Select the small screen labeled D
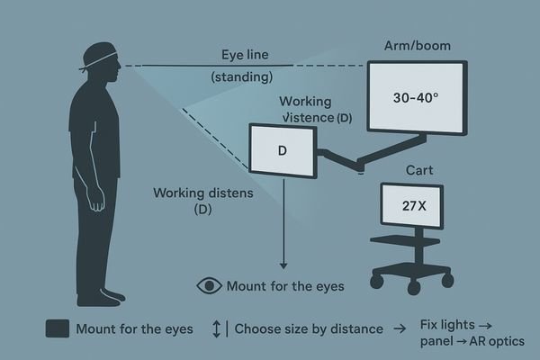pos(282,149)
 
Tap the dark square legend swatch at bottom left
pos(57,329)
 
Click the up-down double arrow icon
pos(216,329)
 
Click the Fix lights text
pos(459,323)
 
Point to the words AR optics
pos(504,340)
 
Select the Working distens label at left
pos(202,193)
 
